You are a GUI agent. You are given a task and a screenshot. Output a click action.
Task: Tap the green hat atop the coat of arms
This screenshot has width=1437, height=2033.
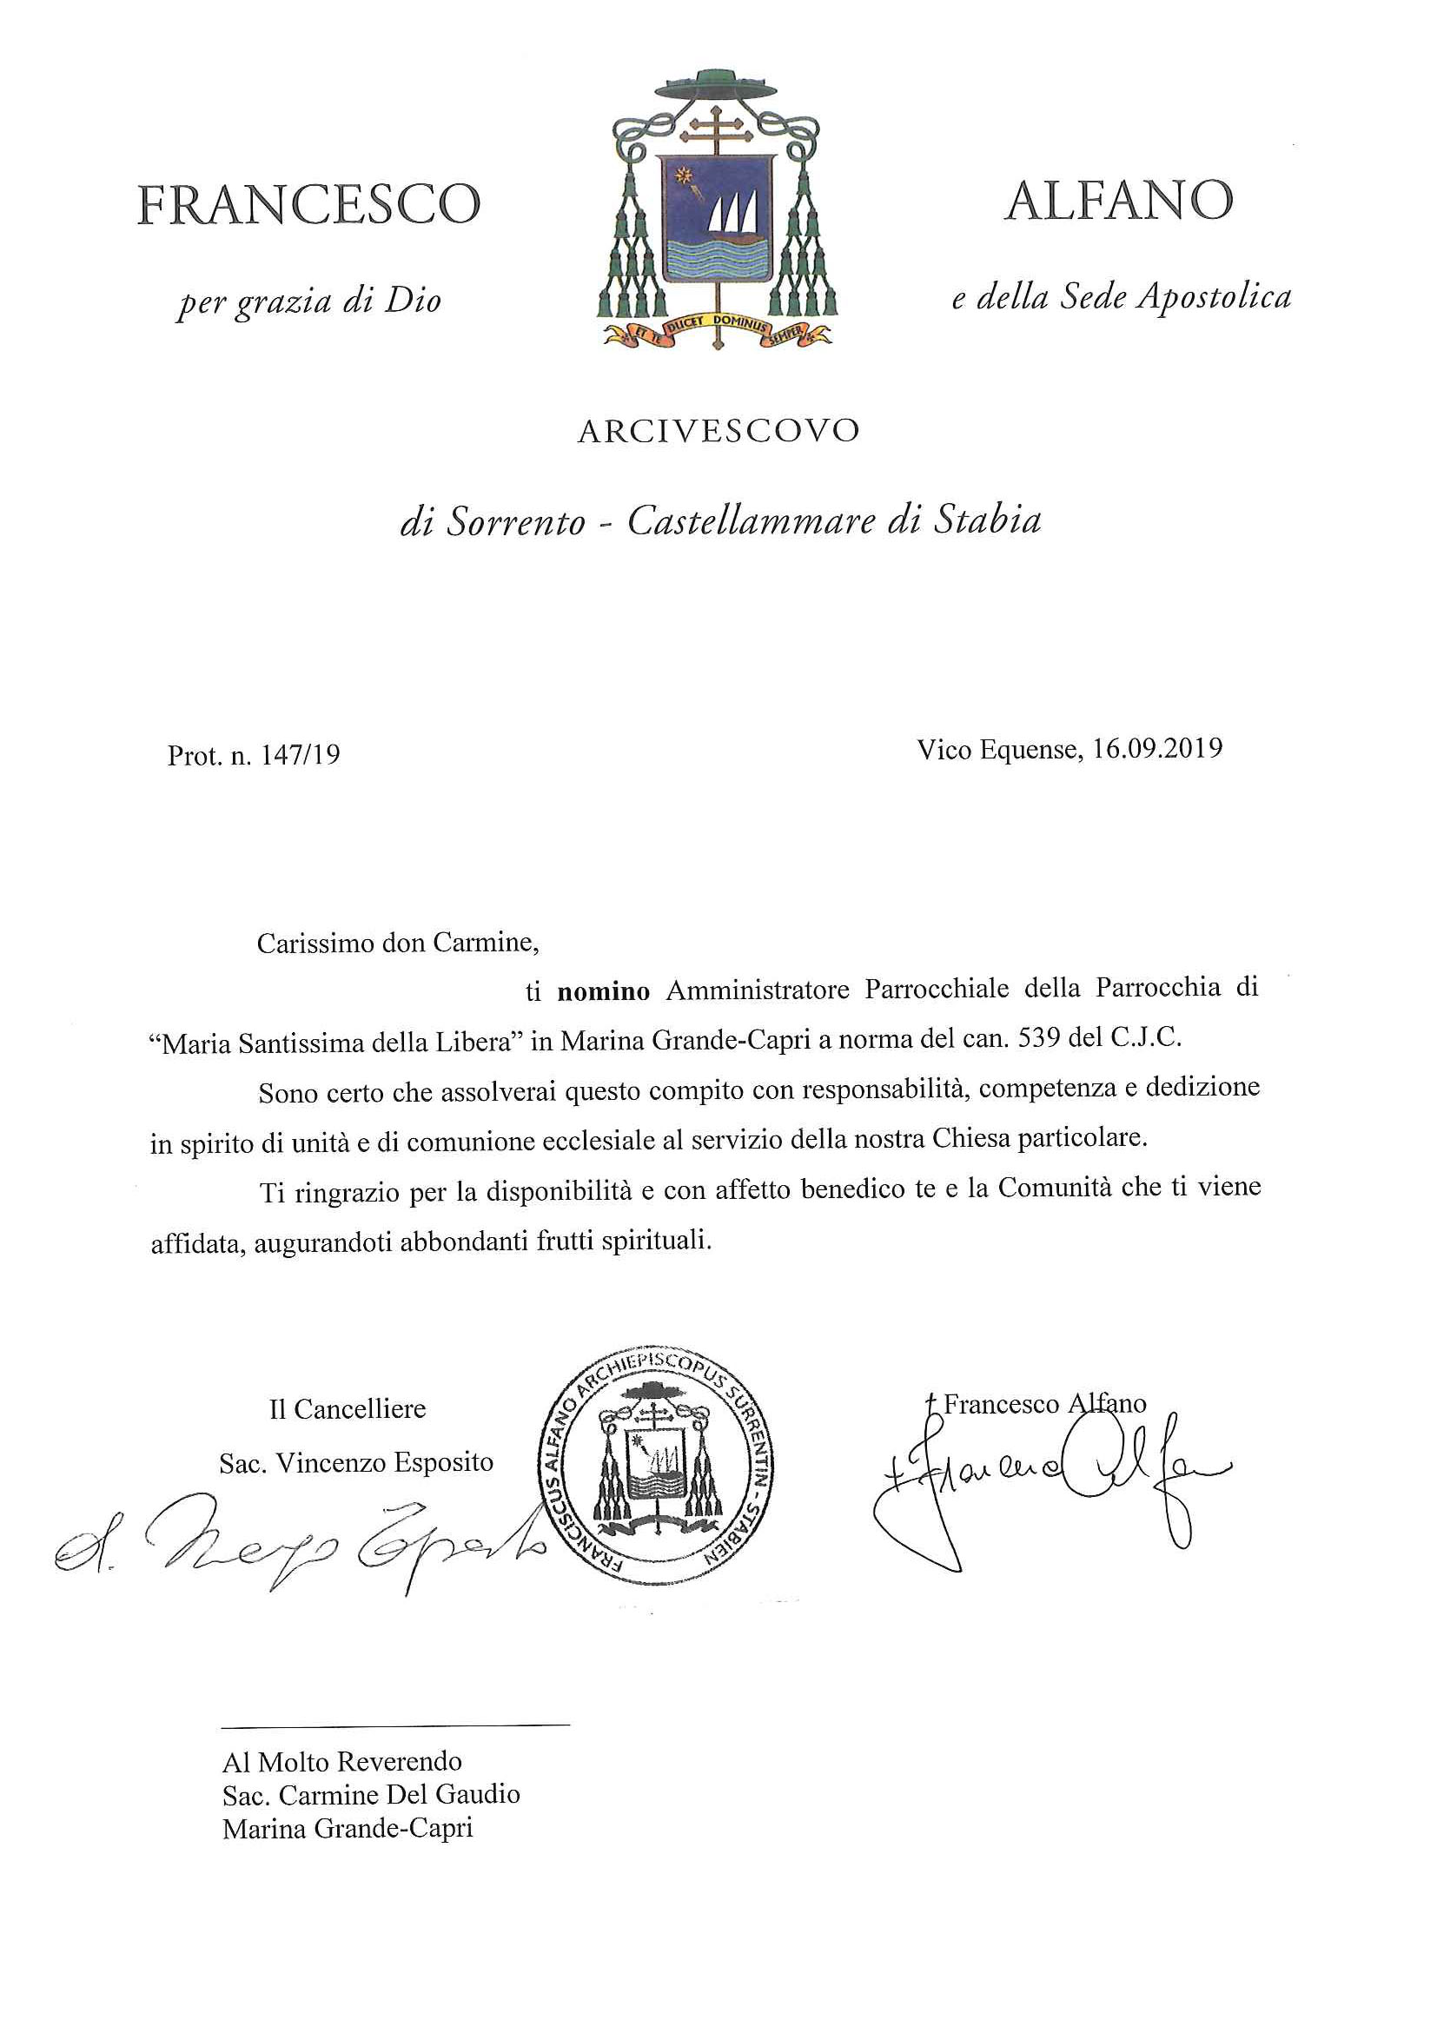(x=717, y=85)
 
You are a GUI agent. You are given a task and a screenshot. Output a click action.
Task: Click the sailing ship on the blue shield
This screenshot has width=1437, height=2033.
(x=734, y=216)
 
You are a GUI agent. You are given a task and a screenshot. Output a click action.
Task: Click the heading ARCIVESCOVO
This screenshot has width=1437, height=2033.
(x=718, y=431)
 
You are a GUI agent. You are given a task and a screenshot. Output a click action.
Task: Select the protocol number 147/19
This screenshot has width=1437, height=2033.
(x=301, y=755)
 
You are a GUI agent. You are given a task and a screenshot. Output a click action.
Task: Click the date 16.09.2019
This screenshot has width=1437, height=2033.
(x=1157, y=749)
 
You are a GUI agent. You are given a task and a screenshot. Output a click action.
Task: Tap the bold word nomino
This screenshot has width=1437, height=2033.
(x=603, y=991)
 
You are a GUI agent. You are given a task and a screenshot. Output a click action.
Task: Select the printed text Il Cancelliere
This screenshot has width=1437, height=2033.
(x=347, y=1408)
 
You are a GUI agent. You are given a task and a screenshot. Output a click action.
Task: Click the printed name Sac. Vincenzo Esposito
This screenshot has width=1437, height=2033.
(x=356, y=1463)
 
